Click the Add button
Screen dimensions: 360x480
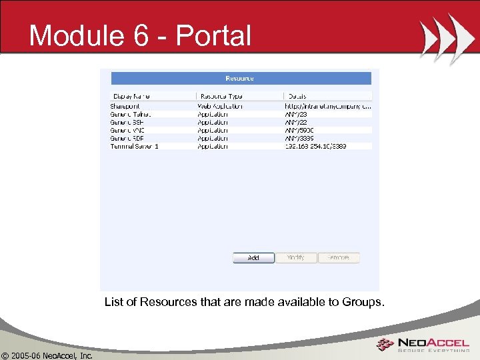click(253, 258)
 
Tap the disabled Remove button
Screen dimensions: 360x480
click(339, 258)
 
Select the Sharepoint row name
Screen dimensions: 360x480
click(125, 106)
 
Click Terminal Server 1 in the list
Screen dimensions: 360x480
click(134, 146)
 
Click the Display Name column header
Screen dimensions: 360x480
click(132, 96)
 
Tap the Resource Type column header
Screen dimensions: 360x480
click(223, 96)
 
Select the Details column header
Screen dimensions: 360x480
click(297, 96)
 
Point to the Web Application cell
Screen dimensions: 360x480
click(220, 106)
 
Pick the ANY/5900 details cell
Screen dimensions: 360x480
click(299, 130)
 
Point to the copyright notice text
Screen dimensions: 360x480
click(47, 355)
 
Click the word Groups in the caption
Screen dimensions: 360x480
click(363, 302)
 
